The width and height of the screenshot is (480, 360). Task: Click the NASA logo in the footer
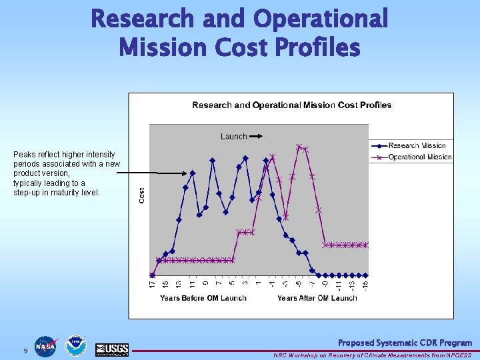46,347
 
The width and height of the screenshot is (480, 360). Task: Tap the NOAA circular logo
76,347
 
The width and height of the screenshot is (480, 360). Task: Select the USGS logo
111,349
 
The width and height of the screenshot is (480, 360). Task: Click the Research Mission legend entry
417,145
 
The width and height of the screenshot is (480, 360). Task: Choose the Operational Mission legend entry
419,157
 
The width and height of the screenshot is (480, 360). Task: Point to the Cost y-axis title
141,195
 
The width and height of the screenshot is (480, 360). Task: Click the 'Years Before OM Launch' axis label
203,298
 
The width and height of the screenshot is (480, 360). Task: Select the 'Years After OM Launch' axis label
317,298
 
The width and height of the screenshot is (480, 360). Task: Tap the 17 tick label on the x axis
152,284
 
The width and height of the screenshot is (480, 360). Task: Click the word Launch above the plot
233,137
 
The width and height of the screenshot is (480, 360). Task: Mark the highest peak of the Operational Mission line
299,146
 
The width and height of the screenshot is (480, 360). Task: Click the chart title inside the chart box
291,105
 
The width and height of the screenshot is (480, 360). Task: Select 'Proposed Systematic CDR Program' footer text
405,343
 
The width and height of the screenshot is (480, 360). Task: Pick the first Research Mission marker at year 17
152,275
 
